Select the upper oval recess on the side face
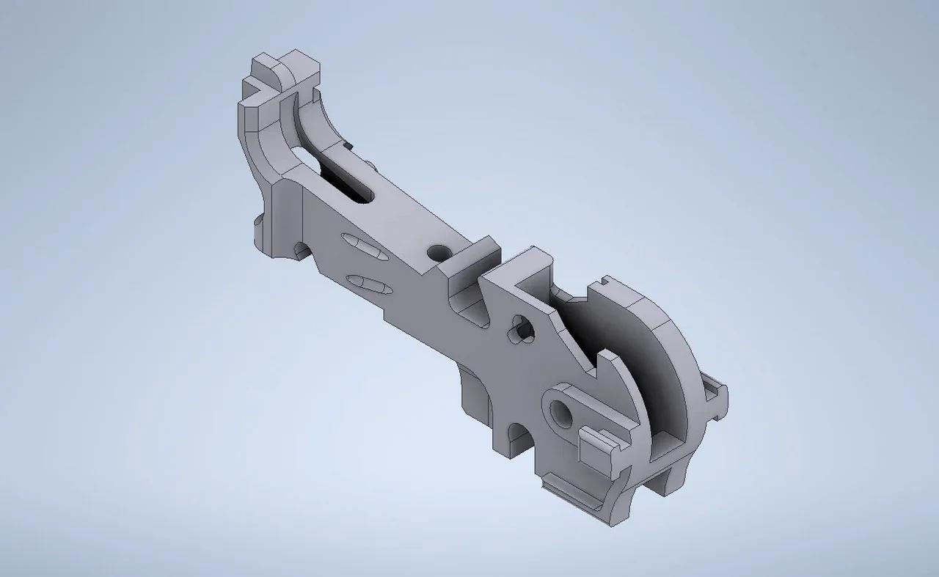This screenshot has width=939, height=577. click(x=361, y=246)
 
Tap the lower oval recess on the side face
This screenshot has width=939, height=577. click(x=369, y=284)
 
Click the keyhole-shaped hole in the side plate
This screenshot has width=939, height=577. click(x=522, y=329)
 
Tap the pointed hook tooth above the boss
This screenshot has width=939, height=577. click(x=605, y=364)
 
